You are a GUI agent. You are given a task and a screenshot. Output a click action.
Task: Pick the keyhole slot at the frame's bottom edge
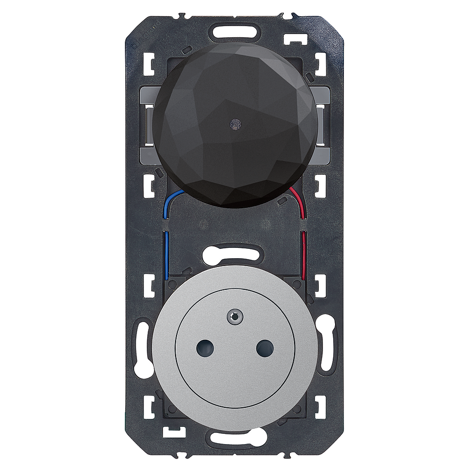tap(233, 438)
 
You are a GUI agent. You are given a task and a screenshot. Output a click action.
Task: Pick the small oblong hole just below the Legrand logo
tap(188, 49)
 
